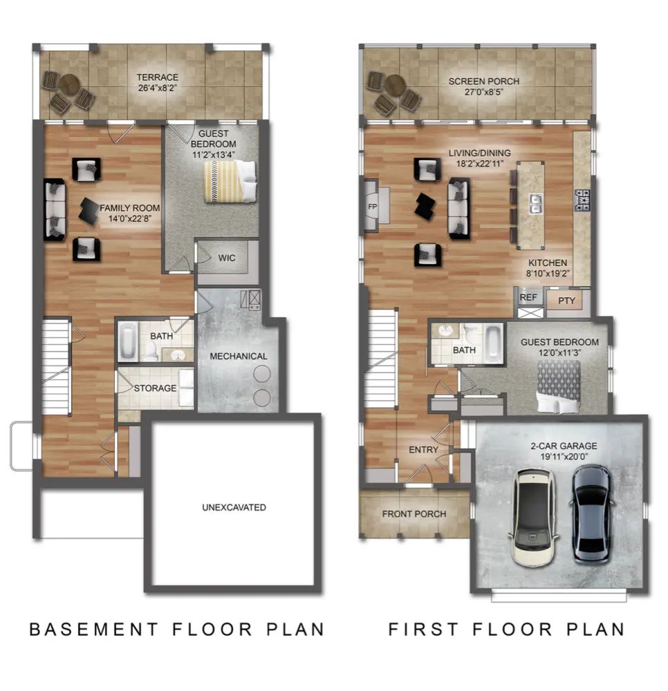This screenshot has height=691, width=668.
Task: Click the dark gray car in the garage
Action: (592, 512)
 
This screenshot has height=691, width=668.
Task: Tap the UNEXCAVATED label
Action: (234, 507)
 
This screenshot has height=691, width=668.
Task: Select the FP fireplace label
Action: (373, 206)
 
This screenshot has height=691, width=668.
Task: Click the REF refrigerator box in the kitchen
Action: (528, 297)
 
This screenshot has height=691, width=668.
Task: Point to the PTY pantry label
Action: (566, 301)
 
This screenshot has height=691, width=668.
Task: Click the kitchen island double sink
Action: (535, 202)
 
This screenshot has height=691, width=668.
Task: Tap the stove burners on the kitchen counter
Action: (582, 200)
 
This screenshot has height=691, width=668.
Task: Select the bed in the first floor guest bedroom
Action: (559, 386)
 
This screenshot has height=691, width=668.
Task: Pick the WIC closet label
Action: (227, 258)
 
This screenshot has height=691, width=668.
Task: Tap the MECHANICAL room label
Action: (239, 356)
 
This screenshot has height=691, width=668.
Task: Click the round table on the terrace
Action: (68, 87)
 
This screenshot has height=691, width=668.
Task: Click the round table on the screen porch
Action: (394, 86)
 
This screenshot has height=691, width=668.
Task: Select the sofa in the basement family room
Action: (55, 210)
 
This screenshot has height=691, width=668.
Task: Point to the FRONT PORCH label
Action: (414, 513)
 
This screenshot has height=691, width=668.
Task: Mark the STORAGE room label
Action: (155, 388)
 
